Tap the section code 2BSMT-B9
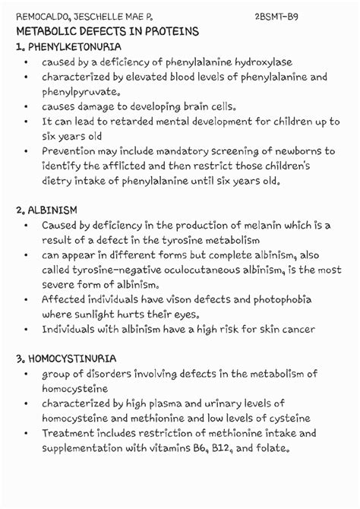[x=282, y=16]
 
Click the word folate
[x=271, y=447]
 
